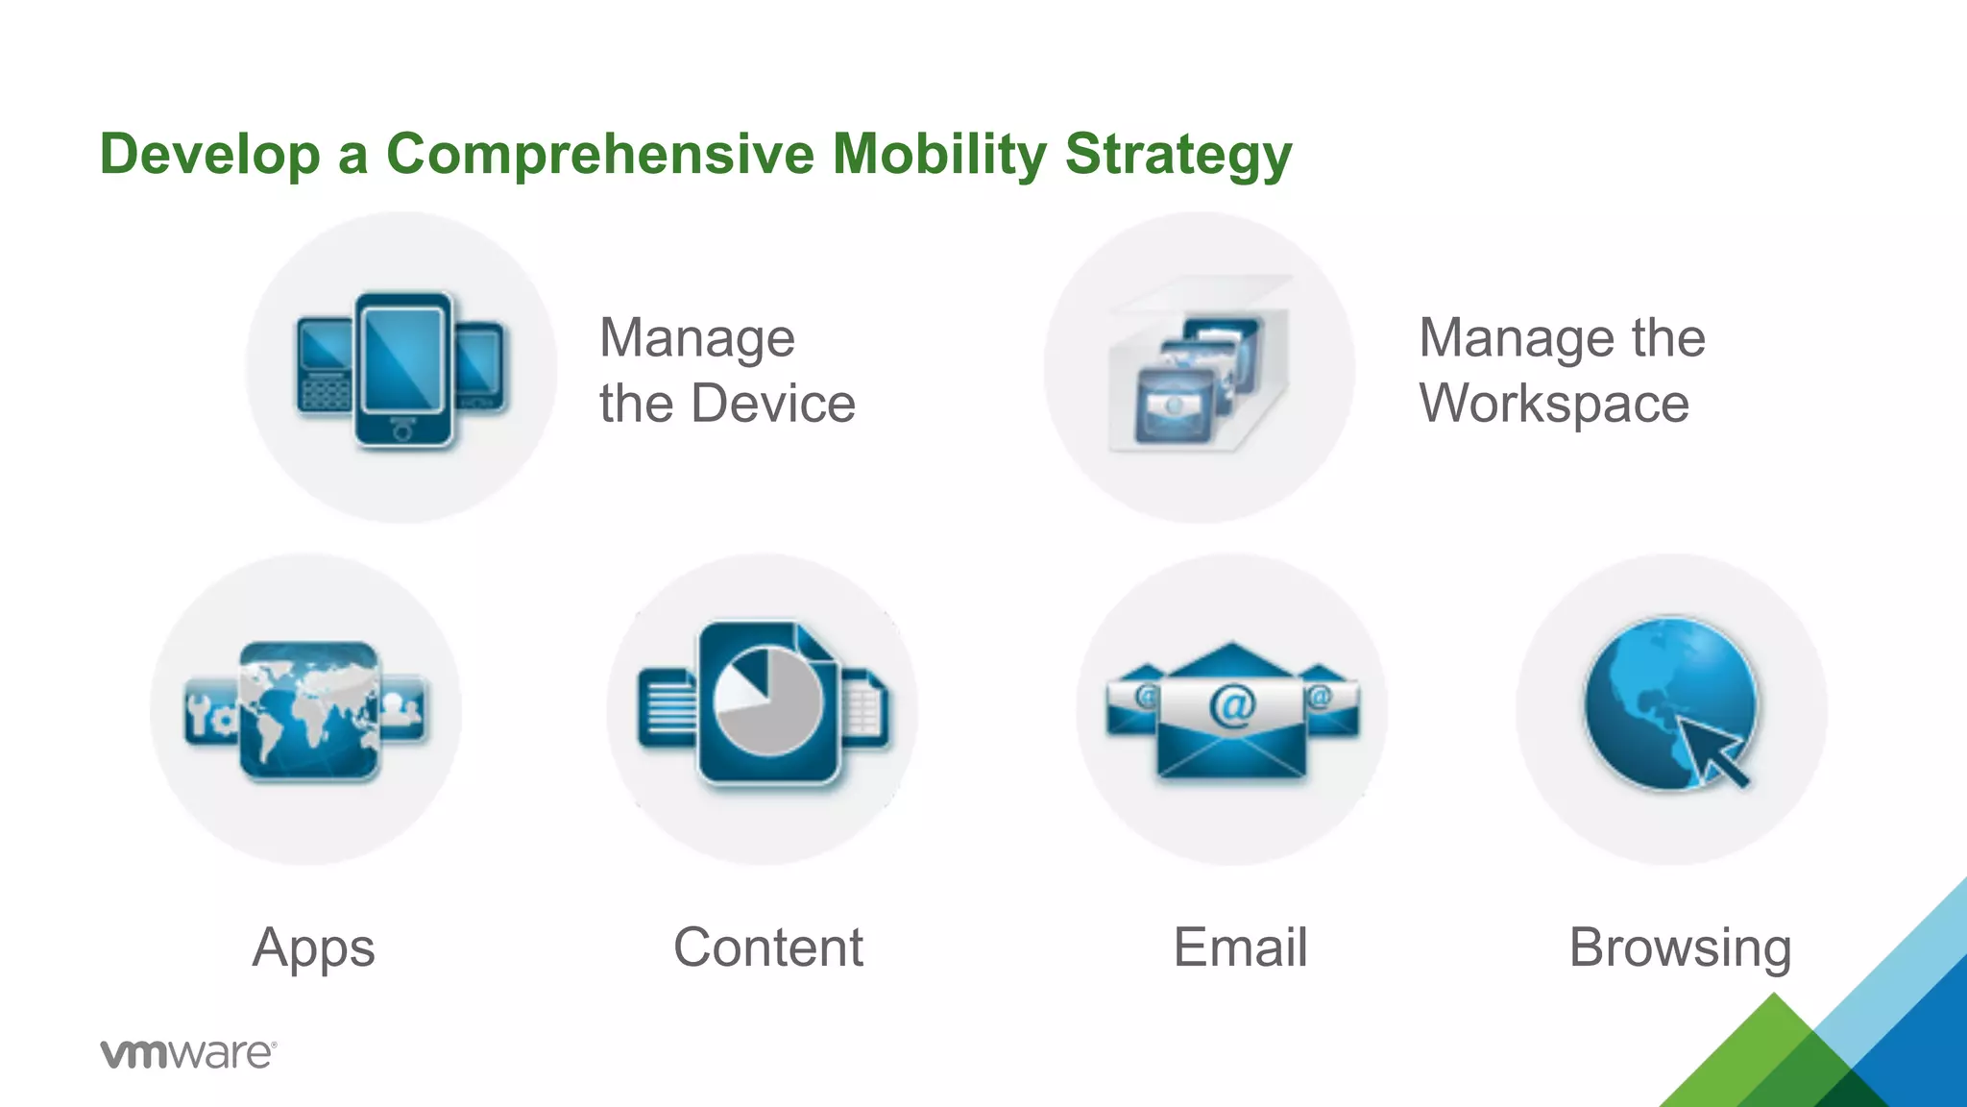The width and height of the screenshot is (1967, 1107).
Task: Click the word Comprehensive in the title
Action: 599,155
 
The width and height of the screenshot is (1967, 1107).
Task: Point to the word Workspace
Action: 1554,404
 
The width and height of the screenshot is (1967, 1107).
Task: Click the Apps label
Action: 313,949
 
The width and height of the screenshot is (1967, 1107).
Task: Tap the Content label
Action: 767,947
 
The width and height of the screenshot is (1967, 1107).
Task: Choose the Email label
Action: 1240,947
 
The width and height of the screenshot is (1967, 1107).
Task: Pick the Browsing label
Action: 1680,949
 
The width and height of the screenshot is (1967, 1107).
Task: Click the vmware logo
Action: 188,1053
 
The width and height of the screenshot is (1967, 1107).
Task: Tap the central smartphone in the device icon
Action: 403,370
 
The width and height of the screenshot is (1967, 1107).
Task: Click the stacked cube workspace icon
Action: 1199,370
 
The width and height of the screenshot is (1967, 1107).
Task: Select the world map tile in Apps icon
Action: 308,710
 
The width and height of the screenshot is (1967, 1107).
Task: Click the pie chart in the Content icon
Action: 768,701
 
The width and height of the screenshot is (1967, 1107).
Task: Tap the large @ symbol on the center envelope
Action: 1232,706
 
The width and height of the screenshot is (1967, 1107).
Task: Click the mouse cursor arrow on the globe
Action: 1715,752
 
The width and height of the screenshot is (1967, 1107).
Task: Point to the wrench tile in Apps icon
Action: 208,712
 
